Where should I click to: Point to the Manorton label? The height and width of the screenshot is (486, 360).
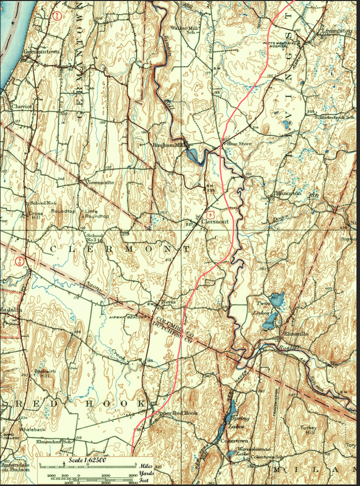pyautogui.click(x=288, y=193)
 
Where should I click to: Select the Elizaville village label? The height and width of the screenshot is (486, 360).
pyautogui.click(x=292, y=334)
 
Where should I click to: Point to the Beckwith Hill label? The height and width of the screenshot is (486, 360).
pyautogui.click(x=43, y=375)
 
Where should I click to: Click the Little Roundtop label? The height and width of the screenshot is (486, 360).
pyautogui.click(x=96, y=213)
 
